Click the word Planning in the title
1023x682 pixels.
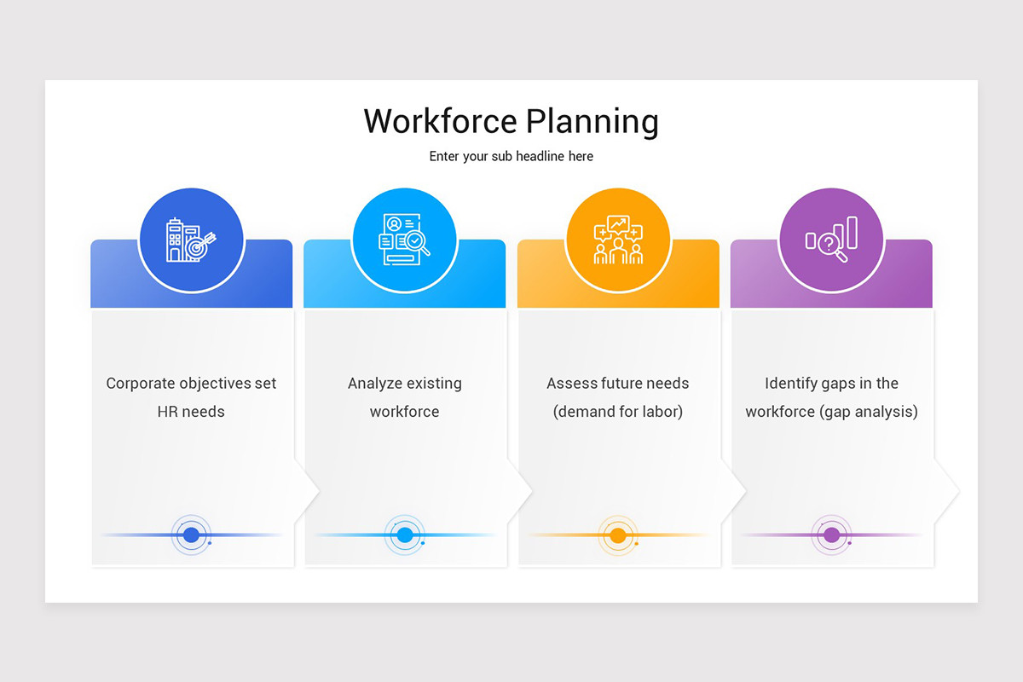tap(592, 121)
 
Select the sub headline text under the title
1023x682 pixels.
tap(511, 157)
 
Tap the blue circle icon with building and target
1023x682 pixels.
tap(192, 240)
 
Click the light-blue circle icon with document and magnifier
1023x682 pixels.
tap(405, 240)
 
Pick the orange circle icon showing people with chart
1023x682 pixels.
tap(618, 240)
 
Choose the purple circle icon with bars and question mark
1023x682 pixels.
tap(831, 240)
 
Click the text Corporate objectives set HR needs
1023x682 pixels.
tap(191, 397)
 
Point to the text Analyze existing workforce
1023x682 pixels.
tap(405, 397)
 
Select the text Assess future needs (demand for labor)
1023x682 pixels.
tap(618, 397)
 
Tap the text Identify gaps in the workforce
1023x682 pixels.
tap(831, 397)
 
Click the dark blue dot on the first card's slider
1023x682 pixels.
tap(192, 535)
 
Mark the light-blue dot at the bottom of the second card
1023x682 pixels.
tap(405, 535)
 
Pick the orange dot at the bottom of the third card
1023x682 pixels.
tap(618, 535)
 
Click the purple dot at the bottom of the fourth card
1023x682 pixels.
tap(831, 535)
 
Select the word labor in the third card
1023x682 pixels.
tap(660, 412)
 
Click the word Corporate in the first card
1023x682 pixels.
tap(139, 384)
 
